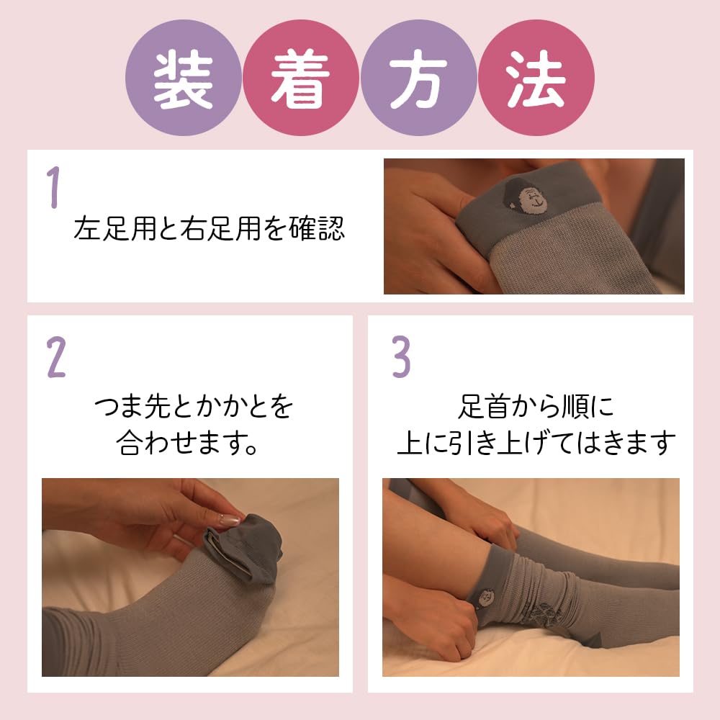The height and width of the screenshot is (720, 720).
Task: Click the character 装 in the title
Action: pos(184,78)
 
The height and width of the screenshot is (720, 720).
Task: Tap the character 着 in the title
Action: pos(300,78)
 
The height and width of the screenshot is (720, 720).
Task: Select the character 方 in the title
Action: pos(418,78)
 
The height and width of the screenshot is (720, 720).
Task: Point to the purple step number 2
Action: pos(56,357)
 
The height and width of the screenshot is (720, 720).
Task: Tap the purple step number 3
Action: pos(401,357)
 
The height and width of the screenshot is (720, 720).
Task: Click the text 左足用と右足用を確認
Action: pos(209,229)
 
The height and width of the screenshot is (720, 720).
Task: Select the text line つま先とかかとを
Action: pos(194,408)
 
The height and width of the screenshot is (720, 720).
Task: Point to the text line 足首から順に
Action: pos(536,408)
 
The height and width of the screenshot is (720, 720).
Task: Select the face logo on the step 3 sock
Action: pos(484,597)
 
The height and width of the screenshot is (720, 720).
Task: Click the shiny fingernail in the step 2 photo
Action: pos(229,519)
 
